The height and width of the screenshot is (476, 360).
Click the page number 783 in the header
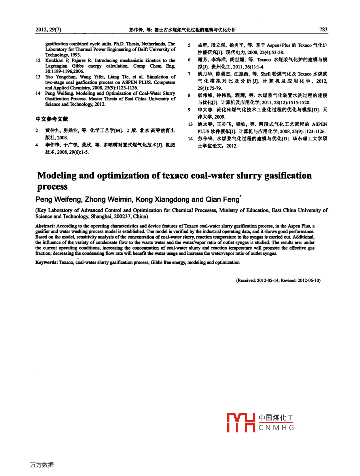tap(323, 30)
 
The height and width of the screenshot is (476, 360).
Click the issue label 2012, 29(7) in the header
tap(48, 30)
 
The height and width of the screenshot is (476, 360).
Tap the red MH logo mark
tap(241, 422)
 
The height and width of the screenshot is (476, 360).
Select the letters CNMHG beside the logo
tap(276, 428)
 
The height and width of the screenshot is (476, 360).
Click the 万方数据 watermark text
tap(42, 465)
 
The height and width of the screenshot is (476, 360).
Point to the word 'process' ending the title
tap(52, 187)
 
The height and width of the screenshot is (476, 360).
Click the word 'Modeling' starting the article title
tap(57, 175)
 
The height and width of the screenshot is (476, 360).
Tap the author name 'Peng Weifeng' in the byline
tap(58, 200)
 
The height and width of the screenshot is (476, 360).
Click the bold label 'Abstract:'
tap(45, 226)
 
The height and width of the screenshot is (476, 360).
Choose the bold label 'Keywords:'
tap(47, 262)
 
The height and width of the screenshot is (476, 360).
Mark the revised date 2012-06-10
tap(309, 280)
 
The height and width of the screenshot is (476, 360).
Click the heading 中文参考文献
tap(52, 119)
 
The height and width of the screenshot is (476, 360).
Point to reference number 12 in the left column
tap(38, 61)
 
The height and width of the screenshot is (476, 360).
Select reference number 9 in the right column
tap(189, 110)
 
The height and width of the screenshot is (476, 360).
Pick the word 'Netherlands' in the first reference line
tap(153, 44)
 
